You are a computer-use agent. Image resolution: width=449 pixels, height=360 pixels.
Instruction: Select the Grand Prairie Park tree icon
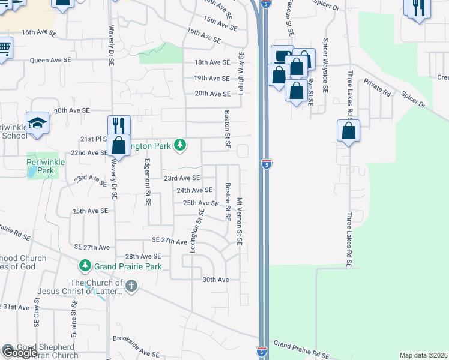85,265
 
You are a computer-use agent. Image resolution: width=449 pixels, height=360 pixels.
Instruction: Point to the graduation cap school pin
37,123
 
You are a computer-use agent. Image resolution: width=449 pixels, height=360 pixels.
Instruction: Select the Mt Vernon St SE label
239,221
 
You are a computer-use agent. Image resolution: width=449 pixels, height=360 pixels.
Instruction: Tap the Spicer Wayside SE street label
325,65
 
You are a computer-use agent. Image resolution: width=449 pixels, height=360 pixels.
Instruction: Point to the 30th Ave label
215,280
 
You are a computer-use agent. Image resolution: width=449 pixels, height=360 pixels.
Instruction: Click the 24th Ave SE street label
194,190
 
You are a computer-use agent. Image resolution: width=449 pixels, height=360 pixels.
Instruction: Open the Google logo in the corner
19,353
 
